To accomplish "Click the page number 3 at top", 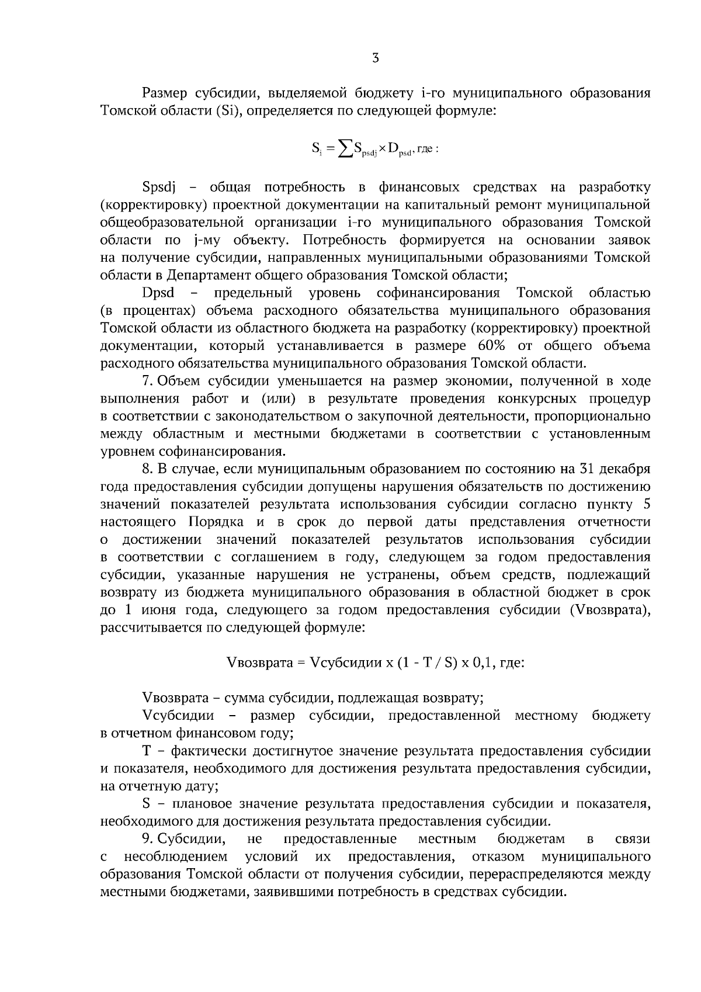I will [x=375, y=58].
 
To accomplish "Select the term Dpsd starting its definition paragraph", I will [x=158, y=293].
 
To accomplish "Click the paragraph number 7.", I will [x=147, y=381].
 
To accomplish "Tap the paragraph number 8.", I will [x=147, y=469].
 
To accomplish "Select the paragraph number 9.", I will [x=147, y=840].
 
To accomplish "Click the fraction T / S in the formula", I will [x=429, y=663].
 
